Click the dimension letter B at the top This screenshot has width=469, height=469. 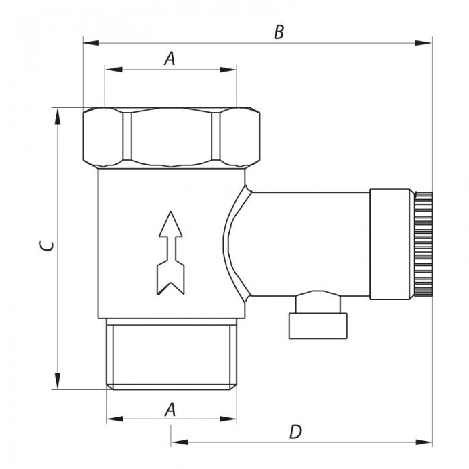click(279, 32)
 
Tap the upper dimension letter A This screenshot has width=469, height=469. click(170, 59)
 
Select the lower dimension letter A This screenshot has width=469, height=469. click(170, 409)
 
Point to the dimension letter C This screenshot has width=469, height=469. click(47, 246)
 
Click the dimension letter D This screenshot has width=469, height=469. click(296, 431)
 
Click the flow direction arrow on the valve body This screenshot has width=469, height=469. click(170, 253)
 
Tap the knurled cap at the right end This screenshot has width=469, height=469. click(423, 244)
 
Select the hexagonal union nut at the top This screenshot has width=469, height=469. click(172, 137)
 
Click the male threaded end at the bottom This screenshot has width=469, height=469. click(172, 354)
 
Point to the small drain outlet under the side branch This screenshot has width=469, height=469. click(318, 315)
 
